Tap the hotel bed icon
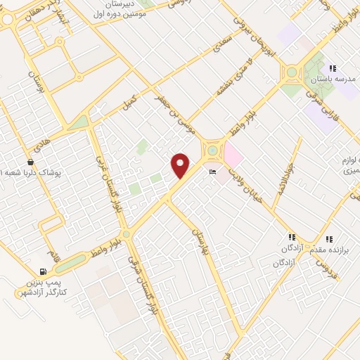[212, 171]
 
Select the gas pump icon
[44, 271]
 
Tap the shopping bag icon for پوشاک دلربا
[30, 161]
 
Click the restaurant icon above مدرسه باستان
[332, 68]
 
